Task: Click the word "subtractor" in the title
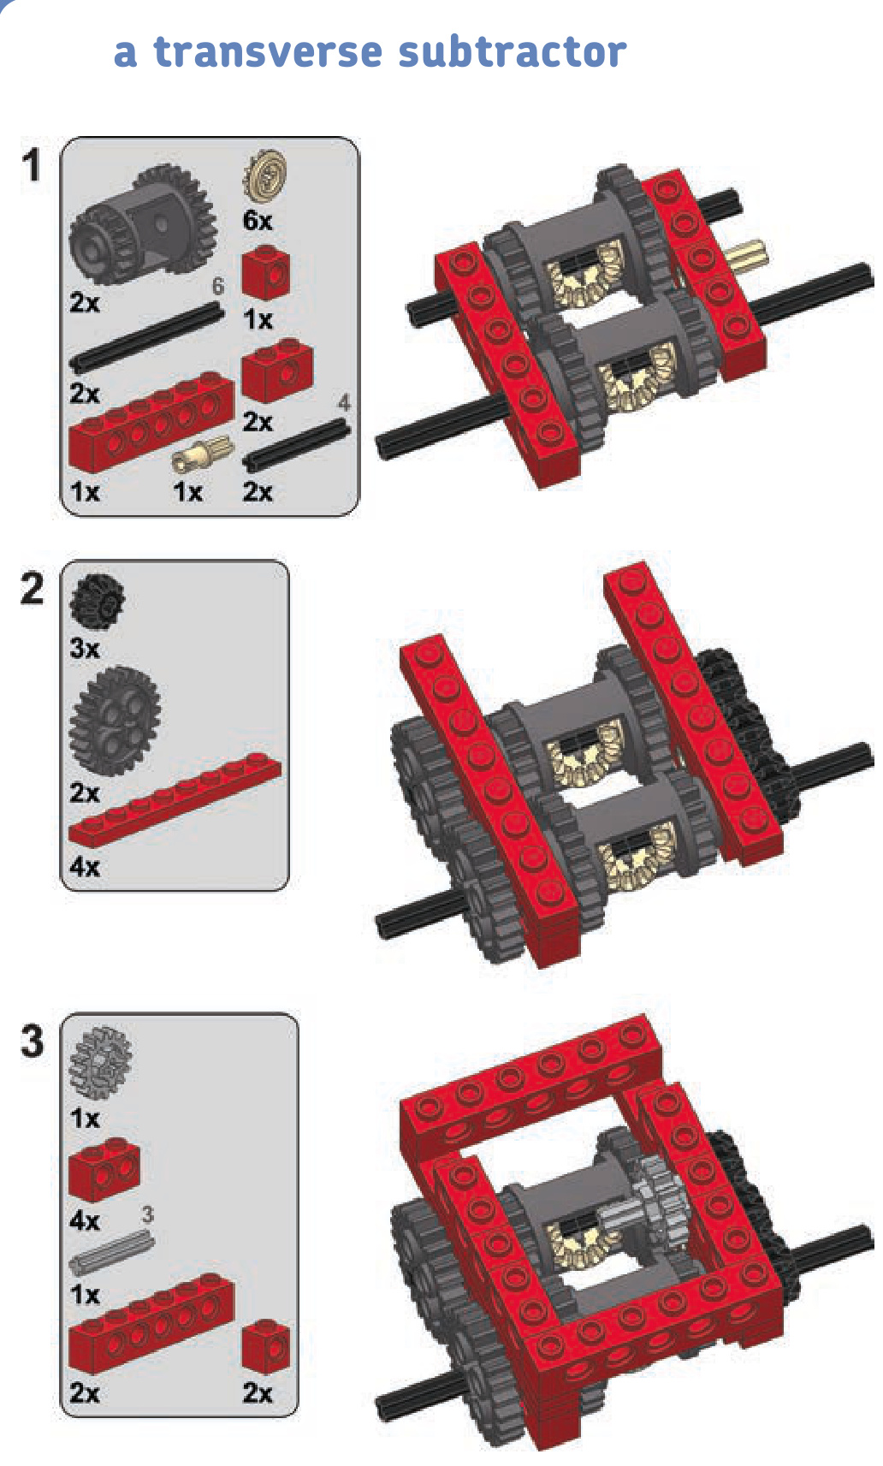point(513,51)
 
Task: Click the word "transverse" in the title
point(268,51)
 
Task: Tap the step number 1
point(32,164)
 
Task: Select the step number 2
point(32,588)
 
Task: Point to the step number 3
point(32,1041)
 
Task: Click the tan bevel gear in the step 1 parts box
point(265,175)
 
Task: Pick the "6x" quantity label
point(258,221)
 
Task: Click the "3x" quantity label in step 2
point(85,648)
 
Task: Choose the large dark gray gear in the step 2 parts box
point(115,720)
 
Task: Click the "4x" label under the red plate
point(85,867)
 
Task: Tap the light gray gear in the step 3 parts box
point(100,1062)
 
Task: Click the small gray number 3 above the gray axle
point(148,1214)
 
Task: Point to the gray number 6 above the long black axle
point(218,286)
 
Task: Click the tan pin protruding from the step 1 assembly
point(748,255)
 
